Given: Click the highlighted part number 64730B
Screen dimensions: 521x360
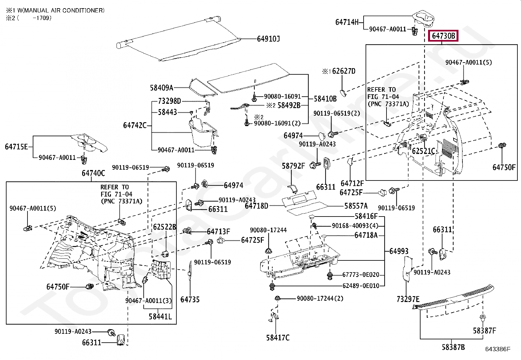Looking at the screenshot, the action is pyautogui.click(x=443, y=36).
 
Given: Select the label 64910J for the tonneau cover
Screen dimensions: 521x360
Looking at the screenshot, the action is pyautogui.click(x=268, y=39).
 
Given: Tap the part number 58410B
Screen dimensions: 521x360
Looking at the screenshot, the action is pyautogui.click(x=325, y=99).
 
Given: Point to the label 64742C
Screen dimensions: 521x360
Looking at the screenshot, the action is pyautogui.click(x=135, y=125).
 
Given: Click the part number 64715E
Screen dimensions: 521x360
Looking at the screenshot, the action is pyautogui.click(x=16, y=147).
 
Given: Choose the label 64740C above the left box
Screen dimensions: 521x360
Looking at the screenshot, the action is pyautogui.click(x=93, y=173).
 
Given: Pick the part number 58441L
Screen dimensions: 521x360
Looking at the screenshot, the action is pyautogui.click(x=160, y=316).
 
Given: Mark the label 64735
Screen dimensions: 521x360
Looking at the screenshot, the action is pyautogui.click(x=190, y=299).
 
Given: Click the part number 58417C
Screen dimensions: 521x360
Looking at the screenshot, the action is pyautogui.click(x=278, y=337).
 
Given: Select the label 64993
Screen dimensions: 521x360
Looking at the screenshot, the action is pyautogui.click(x=399, y=251).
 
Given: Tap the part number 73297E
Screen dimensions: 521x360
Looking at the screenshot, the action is pyautogui.click(x=408, y=299).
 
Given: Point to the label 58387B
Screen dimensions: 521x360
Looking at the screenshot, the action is pyautogui.click(x=453, y=347).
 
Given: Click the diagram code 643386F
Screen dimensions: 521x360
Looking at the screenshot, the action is pyautogui.click(x=498, y=349).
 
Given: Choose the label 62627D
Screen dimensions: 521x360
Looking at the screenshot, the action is pyautogui.click(x=344, y=71).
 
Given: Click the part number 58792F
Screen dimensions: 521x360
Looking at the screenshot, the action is pyautogui.click(x=293, y=166).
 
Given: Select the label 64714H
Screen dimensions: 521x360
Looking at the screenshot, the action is pyautogui.click(x=347, y=22).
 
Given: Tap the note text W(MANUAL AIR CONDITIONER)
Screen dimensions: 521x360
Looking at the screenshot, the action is pyautogui.click(x=61, y=10).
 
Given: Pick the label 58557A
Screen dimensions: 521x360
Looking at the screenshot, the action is pyautogui.click(x=356, y=206).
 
